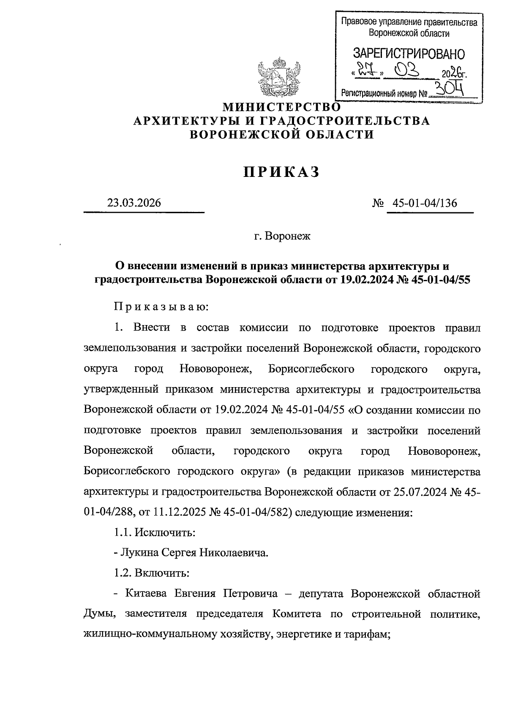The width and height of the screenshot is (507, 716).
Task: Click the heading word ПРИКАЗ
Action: point(281,172)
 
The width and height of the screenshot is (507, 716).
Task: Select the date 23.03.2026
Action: point(134,203)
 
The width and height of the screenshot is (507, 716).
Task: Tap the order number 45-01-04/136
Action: point(425,203)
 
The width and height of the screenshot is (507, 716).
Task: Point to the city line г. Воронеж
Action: point(282,236)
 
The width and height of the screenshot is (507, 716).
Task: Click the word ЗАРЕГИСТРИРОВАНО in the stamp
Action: point(409,54)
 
